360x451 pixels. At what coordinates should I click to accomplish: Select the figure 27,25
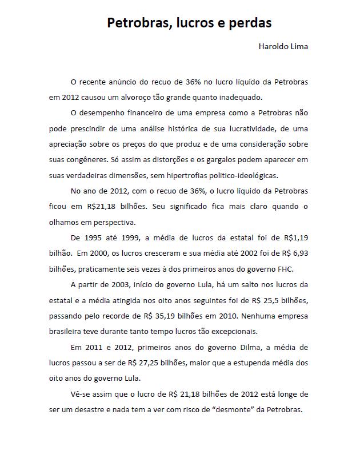141,363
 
